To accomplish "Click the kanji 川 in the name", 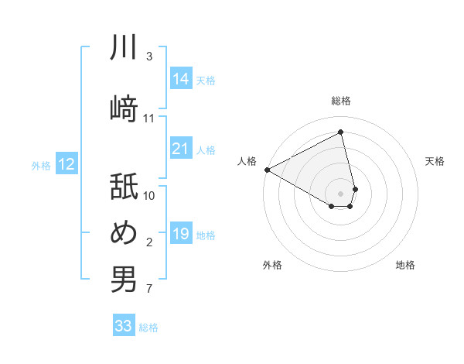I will click(x=124, y=48).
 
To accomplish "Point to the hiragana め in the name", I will click(x=124, y=232).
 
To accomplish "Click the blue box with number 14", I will click(x=181, y=78).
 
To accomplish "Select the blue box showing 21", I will click(x=181, y=149).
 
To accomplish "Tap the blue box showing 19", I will click(x=181, y=235).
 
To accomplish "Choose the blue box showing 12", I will click(x=67, y=164).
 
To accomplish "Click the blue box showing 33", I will click(x=124, y=326).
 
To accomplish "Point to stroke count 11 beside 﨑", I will click(x=149, y=118).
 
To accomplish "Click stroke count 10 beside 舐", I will click(x=149, y=196).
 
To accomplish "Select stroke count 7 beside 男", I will click(x=148, y=290).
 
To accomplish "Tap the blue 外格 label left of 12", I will click(x=41, y=165).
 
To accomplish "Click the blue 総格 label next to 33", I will click(x=148, y=328).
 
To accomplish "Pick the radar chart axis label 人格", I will click(x=247, y=161).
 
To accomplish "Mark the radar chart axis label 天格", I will click(x=435, y=161).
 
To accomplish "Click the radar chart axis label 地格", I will click(x=405, y=265).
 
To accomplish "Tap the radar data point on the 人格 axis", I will click(x=267, y=169).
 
